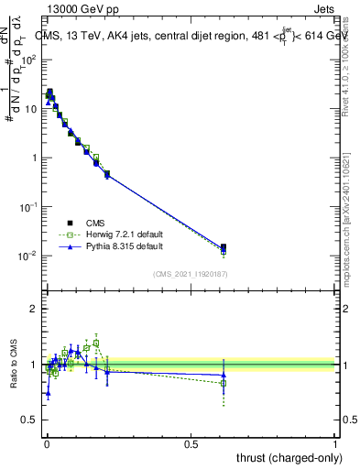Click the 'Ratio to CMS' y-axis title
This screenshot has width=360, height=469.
click(14, 365)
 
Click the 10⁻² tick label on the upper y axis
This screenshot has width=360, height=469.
click(27, 256)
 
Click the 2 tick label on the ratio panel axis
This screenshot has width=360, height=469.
click(33, 309)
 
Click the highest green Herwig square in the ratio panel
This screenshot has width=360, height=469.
click(96, 344)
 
